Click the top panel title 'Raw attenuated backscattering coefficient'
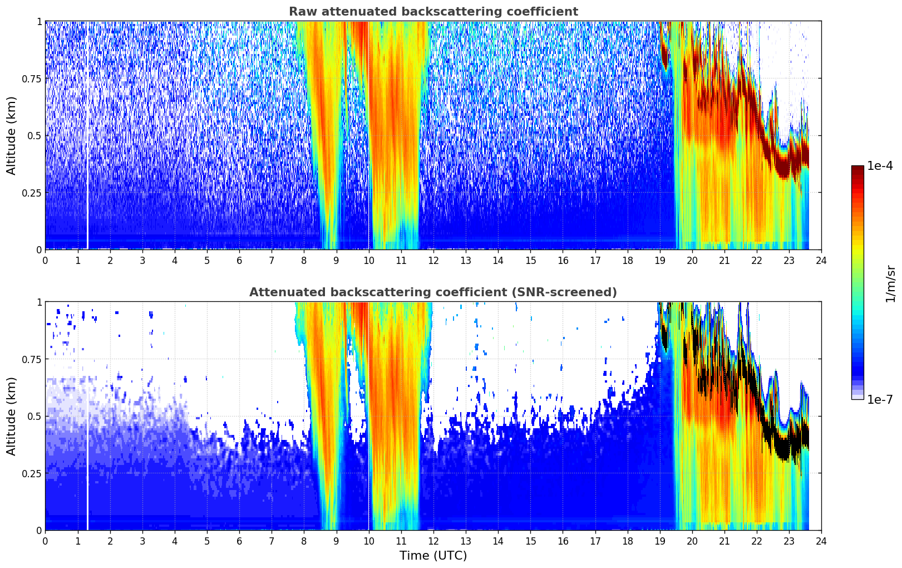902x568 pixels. pyautogui.click(x=433, y=11)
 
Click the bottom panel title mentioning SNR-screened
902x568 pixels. pyautogui.click(x=433, y=292)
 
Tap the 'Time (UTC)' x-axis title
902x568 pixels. pyautogui.click(x=433, y=556)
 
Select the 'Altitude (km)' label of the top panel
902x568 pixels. pyautogui.click(x=11, y=136)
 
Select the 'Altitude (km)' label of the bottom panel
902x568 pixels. pyautogui.click(x=11, y=417)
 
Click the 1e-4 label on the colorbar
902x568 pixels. pyautogui.click(x=879, y=165)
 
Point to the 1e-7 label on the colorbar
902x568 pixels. pyautogui.click(x=879, y=399)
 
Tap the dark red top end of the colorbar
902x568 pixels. pyautogui.click(x=857, y=168)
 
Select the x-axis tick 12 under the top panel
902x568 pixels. pyautogui.click(x=433, y=260)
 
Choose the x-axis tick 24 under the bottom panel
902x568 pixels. pyautogui.click(x=821, y=541)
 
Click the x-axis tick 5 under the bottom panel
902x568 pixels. pyautogui.click(x=207, y=541)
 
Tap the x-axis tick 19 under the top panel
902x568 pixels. pyautogui.click(x=659, y=260)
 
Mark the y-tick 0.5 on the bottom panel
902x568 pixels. pyautogui.click(x=35, y=417)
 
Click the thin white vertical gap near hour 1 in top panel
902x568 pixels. pyautogui.click(x=87, y=136)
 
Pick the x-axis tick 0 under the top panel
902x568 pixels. pyautogui.click(x=45, y=260)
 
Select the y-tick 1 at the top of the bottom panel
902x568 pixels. pyautogui.click(x=39, y=302)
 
